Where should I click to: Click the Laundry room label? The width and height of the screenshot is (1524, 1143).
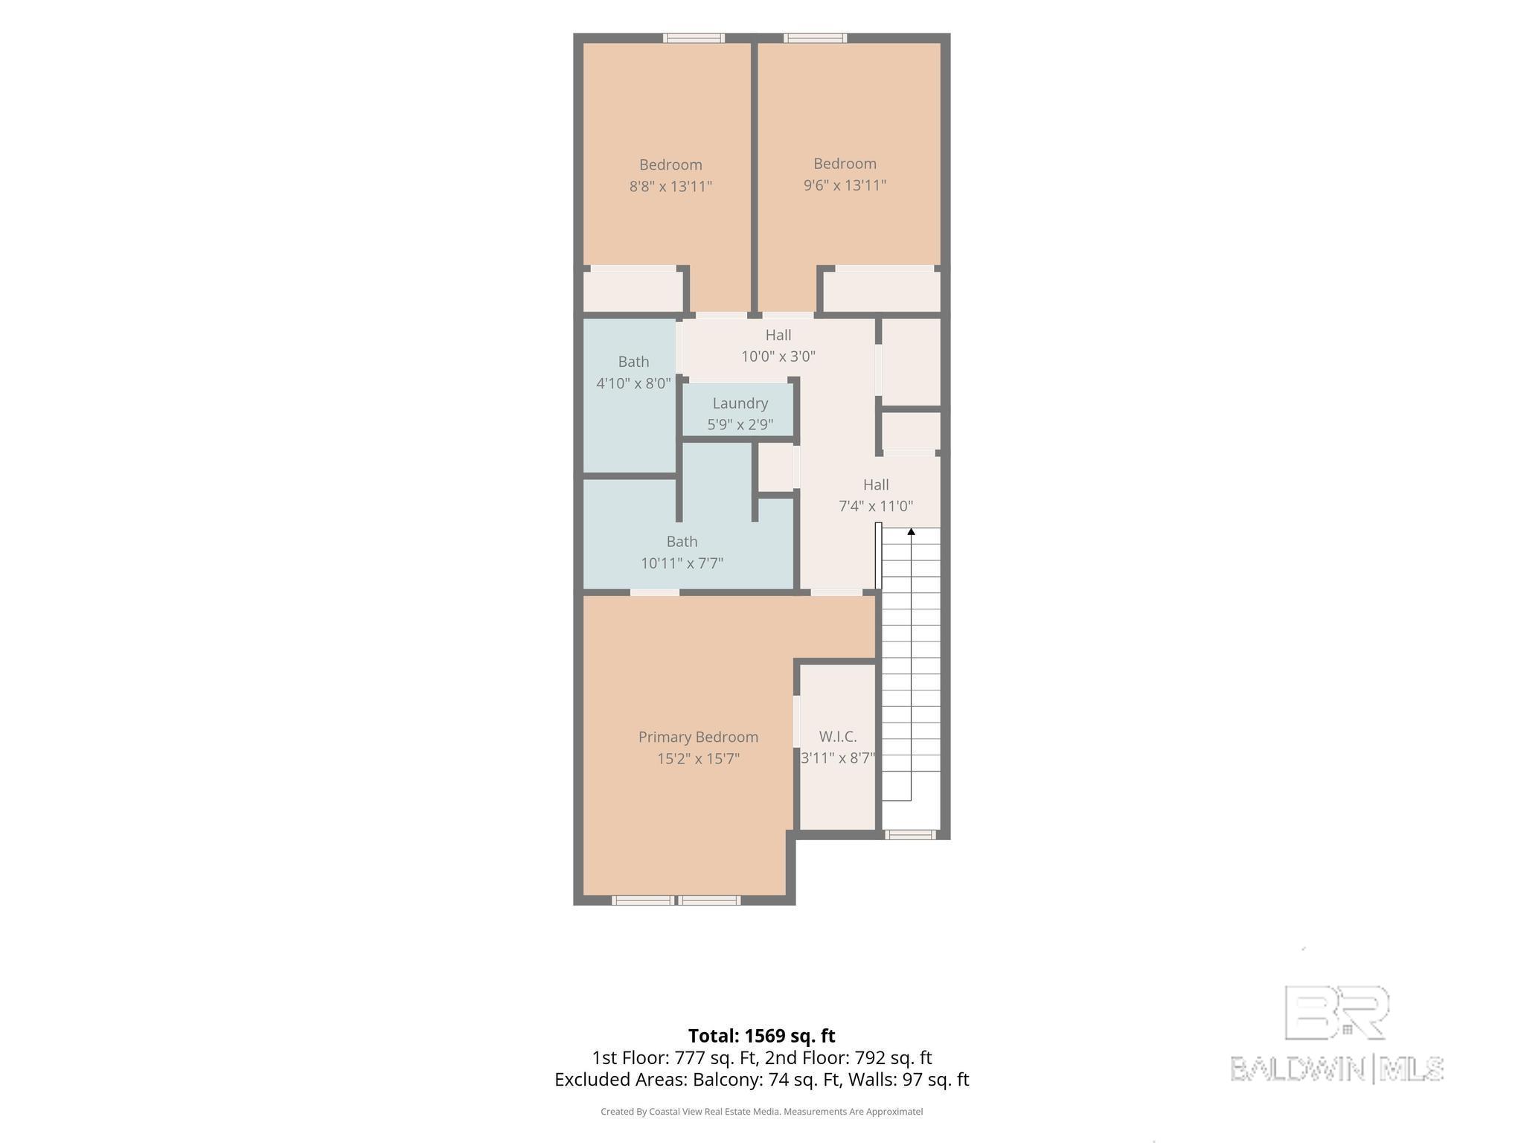click(740, 403)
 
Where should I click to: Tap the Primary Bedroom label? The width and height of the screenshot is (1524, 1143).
click(698, 737)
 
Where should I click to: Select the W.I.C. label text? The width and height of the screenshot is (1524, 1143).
click(838, 737)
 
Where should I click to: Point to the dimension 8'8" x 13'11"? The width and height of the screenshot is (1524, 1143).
click(670, 186)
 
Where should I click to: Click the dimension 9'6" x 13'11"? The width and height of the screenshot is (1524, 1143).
click(845, 185)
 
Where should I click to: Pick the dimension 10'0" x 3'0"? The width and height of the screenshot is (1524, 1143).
click(778, 356)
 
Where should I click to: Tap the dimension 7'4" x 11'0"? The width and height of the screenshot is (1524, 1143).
click(876, 506)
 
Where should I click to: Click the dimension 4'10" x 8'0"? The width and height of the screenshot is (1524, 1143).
click(633, 383)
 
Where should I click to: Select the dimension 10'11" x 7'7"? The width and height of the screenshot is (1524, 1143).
click(682, 563)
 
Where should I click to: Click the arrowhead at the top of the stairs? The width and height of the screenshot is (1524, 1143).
click(911, 531)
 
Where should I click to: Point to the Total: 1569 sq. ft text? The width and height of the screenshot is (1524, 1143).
click(761, 1036)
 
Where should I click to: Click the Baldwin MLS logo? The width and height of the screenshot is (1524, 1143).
click(1336, 1034)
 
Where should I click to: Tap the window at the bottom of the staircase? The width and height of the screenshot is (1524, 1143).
click(910, 835)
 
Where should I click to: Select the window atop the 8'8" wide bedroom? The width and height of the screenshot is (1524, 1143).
click(694, 38)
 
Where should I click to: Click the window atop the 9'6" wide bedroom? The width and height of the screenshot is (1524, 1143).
click(815, 38)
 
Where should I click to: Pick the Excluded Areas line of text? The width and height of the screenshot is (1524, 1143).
click(761, 1079)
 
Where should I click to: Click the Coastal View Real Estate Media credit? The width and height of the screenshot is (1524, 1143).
click(761, 1112)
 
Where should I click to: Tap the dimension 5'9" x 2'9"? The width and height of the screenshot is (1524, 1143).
click(740, 425)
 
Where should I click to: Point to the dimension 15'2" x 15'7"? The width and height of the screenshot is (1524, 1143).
click(698, 758)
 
